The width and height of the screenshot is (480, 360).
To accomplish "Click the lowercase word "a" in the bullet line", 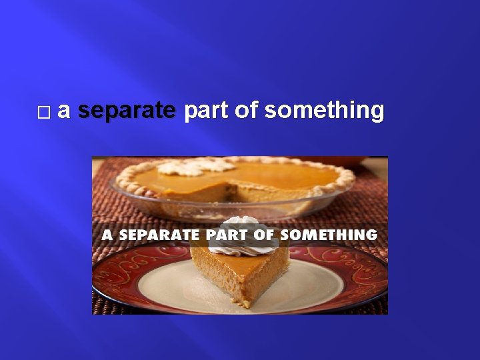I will tap(63, 111).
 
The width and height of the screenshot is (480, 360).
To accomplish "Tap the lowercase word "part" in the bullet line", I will tap(204, 111).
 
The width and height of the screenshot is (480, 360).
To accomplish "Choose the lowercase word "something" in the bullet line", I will tap(324, 111).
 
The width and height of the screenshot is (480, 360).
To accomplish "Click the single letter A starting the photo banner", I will tap(106, 235).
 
